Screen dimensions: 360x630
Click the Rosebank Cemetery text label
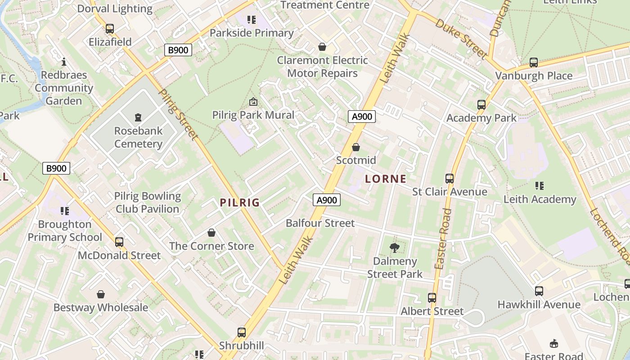(138, 137)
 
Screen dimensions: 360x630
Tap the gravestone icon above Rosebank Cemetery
(138, 117)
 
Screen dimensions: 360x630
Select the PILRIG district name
(240, 202)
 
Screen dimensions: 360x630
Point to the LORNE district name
(386, 179)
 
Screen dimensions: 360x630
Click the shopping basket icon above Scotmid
(356, 147)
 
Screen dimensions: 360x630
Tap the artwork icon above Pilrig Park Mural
(253, 101)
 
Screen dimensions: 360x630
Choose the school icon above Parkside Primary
(252, 19)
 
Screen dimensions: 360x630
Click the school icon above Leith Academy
(540, 185)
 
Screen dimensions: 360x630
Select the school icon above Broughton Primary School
(65, 211)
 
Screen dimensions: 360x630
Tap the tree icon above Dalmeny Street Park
(395, 247)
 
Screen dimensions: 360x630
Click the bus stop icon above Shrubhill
(242, 333)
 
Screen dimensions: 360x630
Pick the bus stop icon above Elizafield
(110, 29)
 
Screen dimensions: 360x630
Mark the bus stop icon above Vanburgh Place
(534, 63)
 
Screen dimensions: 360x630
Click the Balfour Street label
(320, 223)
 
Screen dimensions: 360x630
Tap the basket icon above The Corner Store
(211, 233)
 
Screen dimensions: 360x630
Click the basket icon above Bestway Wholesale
(101, 294)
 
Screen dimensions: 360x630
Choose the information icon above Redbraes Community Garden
(64, 62)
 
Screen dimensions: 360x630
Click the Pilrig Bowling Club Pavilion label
(148, 202)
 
